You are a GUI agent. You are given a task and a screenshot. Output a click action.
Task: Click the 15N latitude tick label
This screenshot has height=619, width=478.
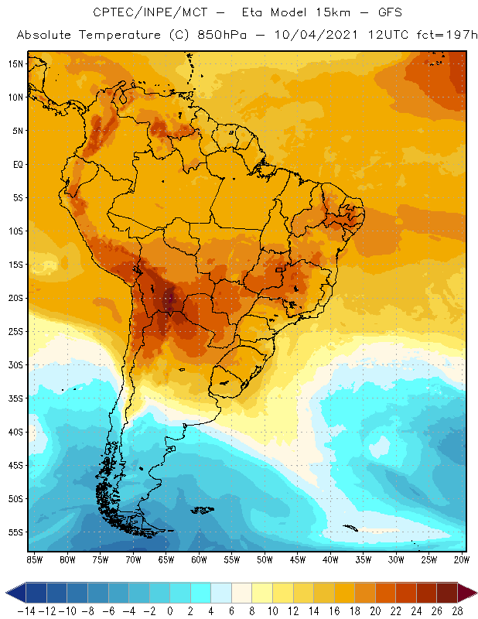[x=15, y=63]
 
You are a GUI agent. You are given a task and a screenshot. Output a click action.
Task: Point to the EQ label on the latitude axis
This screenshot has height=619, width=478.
[x=16, y=164]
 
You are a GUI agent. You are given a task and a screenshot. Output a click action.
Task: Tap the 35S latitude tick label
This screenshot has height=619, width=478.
[x=15, y=398]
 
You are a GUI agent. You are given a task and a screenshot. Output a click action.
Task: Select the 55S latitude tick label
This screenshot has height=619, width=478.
[x=15, y=532]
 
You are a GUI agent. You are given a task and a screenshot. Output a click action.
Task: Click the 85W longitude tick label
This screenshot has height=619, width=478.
[x=34, y=559]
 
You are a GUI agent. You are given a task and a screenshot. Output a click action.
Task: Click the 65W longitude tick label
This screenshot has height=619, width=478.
[x=166, y=559]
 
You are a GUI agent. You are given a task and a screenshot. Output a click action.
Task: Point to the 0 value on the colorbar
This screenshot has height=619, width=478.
[x=169, y=610]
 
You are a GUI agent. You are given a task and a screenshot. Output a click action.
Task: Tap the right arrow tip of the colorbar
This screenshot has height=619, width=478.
[x=473, y=593]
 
